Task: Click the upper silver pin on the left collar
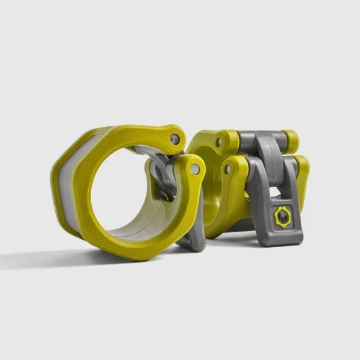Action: pos(175,139)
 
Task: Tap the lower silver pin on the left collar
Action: pos(195,170)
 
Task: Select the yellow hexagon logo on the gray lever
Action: pos(282,217)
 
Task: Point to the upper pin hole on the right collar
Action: pos(219,142)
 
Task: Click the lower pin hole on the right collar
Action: pos(227,170)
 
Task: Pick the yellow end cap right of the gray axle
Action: pos(291,141)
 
